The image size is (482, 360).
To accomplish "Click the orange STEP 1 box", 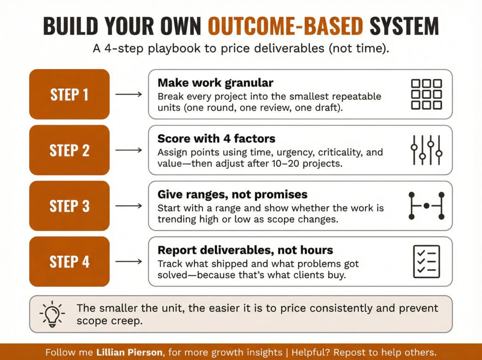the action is [70, 94].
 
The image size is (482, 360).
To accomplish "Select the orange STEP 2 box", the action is [70, 150].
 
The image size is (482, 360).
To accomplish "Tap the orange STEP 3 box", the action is [70, 206].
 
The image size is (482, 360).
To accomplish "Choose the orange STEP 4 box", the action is [70, 262].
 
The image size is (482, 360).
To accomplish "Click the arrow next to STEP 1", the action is [129, 94].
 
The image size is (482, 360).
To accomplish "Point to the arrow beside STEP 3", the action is [129, 206].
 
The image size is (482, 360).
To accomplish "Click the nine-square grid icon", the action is [426, 95].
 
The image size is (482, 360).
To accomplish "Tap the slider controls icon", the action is [426, 150].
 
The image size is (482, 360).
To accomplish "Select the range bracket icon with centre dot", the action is [426, 206].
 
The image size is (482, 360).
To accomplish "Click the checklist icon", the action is [426, 262].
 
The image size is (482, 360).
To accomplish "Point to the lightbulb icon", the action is [52, 314].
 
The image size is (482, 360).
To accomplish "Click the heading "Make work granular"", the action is [216, 83].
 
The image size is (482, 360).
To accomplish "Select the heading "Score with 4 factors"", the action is [217, 139].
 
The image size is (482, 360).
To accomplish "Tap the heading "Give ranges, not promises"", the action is [233, 195].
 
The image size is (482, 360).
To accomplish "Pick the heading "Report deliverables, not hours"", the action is [245, 250].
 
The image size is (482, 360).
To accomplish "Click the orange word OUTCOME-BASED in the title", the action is [286, 26].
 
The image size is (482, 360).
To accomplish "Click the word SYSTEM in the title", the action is [404, 26].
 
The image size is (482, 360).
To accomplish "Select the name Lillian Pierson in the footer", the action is [129, 352].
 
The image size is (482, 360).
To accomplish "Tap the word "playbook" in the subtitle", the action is [174, 48].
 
